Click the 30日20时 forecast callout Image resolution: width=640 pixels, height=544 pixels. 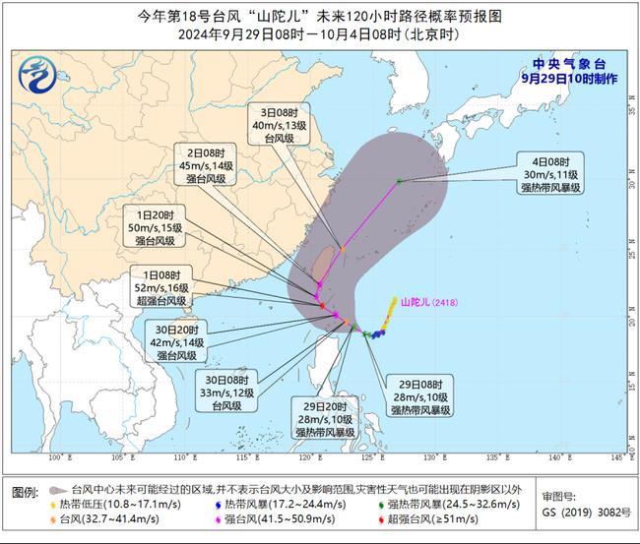coord(177,338)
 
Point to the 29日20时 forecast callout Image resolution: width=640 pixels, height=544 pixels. coord(325,419)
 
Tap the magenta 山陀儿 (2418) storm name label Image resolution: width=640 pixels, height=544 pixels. coord(430,303)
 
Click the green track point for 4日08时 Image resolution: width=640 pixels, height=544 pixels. coord(399,180)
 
